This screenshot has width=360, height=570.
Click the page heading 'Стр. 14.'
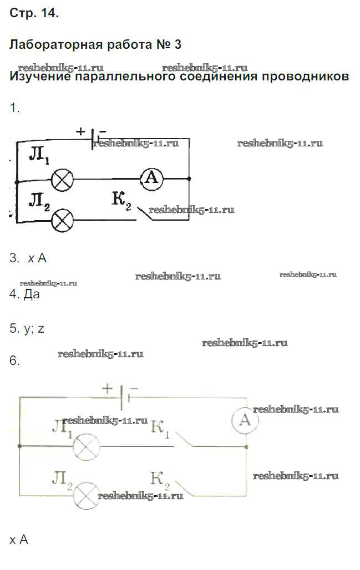(34, 14)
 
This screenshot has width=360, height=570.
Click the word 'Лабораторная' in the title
(53, 45)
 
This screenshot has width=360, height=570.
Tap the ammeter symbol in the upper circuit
(151, 179)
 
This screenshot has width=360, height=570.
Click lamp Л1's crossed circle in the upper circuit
(62, 179)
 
